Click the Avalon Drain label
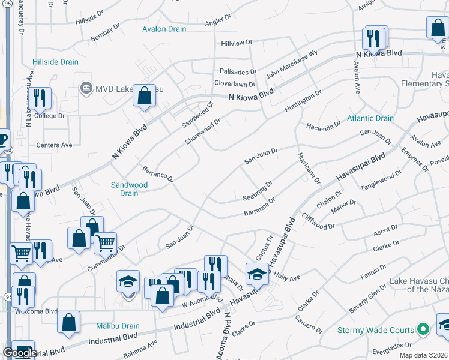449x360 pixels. (x=164, y=29)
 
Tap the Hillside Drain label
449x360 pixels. (x=56, y=62)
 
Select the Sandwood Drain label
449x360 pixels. (x=129, y=189)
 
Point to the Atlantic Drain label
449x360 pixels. (x=371, y=118)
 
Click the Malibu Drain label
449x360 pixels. (x=118, y=326)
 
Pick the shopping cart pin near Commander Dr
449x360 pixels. (x=105, y=243)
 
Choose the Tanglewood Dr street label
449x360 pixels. (x=380, y=181)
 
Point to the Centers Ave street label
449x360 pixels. (x=54, y=145)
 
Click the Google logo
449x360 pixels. (x=20, y=353)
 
